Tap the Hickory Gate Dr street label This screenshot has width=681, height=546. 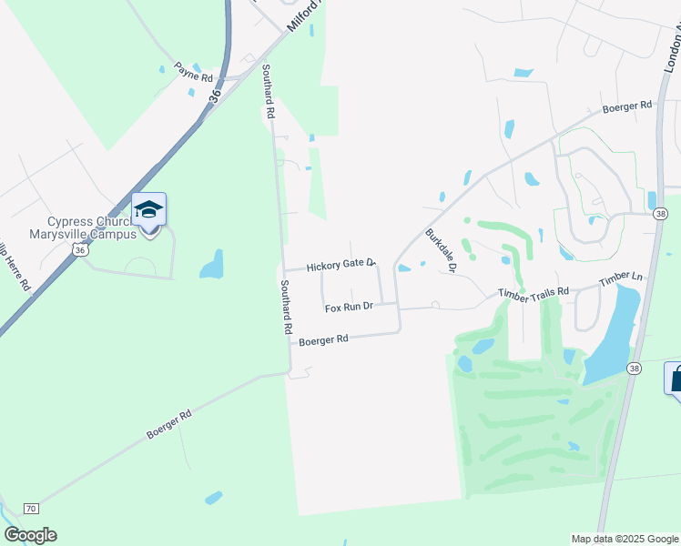(x=340, y=265)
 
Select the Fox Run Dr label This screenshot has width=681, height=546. (x=350, y=308)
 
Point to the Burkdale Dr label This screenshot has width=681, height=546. (x=440, y=244)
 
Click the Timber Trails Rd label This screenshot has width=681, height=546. (x=533, y=292)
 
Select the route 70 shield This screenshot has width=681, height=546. (x=31, y=508)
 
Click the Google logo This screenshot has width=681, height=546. (x=30, y=535)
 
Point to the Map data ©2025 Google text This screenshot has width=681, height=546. (x=624, y=539)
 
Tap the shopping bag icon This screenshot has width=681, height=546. (x=676, y=379)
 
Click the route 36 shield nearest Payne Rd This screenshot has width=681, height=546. (x=215, y=94)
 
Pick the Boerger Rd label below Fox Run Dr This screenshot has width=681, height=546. (x=323, y=340)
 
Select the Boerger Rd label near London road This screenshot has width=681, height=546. (x=627, y=106)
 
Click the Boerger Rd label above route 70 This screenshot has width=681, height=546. (x=168, y=425)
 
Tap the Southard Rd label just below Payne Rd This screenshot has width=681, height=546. (x=269, y=93)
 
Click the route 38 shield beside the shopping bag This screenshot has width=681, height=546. (x=635, y=368)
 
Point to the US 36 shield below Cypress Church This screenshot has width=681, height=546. (x=80, y=249)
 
